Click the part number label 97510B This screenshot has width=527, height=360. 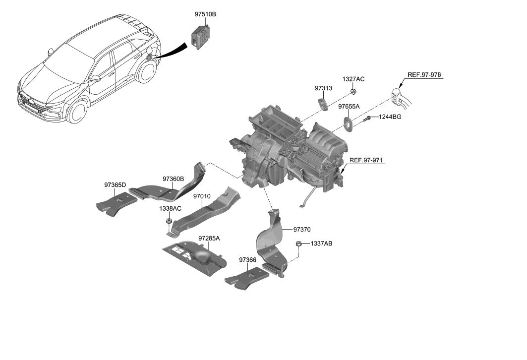point(205,15)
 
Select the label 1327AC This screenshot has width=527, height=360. point(353,79)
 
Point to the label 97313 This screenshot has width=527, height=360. point(323,88)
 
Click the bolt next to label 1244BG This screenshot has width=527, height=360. point(368,118)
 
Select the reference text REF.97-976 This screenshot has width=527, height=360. point(424,75)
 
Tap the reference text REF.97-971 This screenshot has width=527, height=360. point(366,160)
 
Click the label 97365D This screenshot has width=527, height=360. point(115,185)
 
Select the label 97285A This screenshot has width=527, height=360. point(209,239)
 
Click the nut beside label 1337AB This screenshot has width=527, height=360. point(299,243)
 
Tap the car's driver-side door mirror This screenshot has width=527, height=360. point(95,78)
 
